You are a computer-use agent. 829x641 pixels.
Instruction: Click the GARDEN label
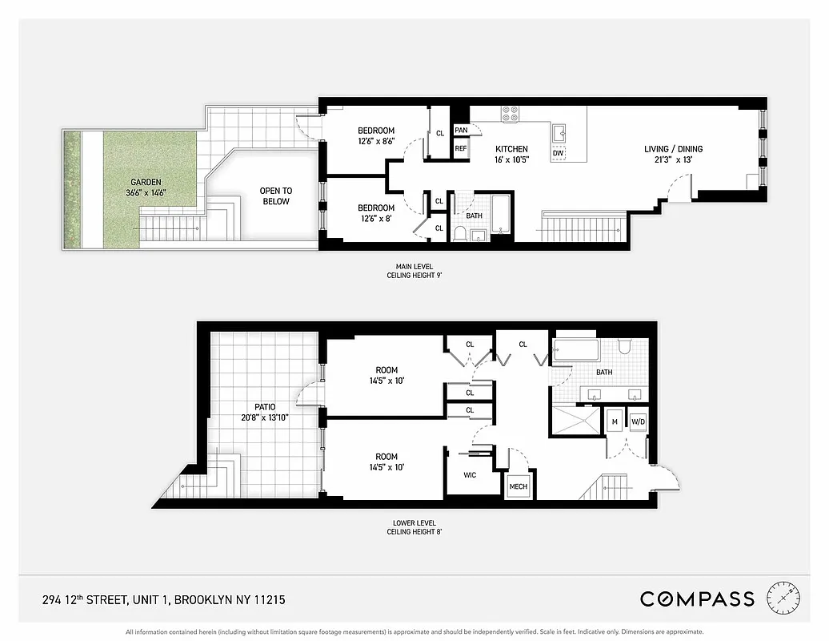(146, 183)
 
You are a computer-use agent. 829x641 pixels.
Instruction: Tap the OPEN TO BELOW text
(275, 196)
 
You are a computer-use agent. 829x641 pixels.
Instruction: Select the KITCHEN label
(511, 149)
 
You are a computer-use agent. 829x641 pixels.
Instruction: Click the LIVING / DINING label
(673, 149)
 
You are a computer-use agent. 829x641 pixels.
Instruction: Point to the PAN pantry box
(461, 131)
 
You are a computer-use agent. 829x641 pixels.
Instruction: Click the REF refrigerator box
(461, 149)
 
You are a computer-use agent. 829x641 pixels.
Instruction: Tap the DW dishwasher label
(557, 153)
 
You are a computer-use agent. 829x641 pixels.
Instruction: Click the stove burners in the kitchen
(510, 114)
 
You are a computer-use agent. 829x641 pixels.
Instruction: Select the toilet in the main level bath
(460, 233)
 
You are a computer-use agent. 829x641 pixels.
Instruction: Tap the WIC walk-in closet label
(470, 475)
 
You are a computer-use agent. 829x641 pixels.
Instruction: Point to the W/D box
(638, 421)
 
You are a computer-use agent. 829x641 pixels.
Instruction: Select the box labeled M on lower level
(615, 421)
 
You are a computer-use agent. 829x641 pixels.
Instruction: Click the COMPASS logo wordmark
(697, 599)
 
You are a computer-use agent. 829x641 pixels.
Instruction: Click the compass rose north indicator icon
(783, 598)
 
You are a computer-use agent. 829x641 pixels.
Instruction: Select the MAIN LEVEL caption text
(414, 267)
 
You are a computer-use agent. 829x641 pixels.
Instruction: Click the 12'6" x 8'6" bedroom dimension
(376, 141)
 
